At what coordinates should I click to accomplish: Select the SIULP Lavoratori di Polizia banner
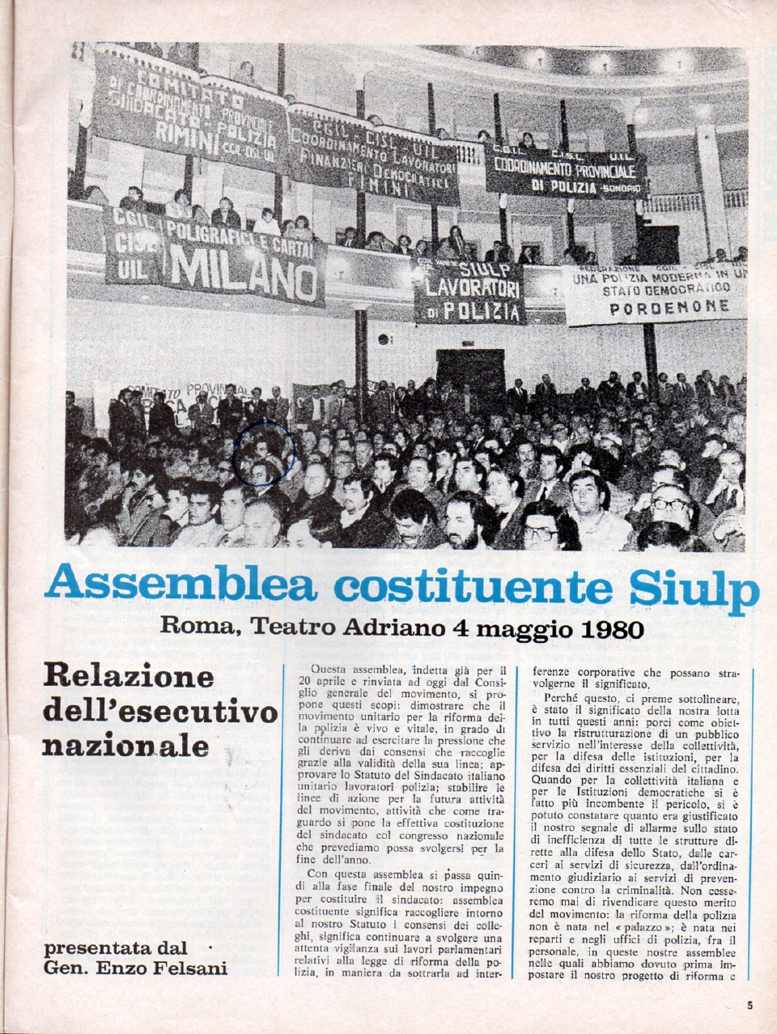tap(469, 290)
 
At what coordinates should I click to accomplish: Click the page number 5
tap(749, 1006)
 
